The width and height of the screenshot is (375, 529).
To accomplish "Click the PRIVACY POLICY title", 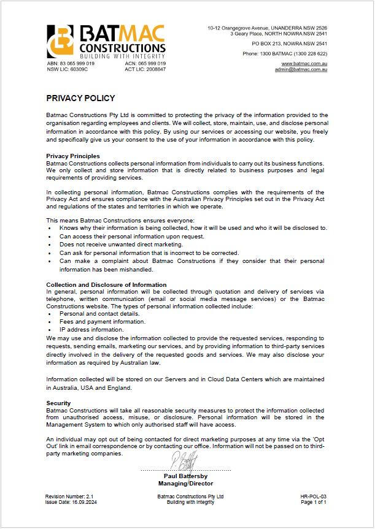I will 80,98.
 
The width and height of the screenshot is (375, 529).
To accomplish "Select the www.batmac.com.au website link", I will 304,64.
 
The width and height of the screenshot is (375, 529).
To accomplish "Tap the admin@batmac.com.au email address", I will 301,70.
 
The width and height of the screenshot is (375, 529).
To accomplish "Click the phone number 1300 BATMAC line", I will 284,54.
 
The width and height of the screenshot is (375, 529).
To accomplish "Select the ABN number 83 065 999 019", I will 71,64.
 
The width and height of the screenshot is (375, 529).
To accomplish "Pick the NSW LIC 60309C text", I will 68,69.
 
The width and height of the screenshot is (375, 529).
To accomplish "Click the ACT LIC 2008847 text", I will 145,69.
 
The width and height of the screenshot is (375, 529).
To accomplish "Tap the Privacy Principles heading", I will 73,156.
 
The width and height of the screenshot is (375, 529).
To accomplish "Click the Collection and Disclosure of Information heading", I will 106,284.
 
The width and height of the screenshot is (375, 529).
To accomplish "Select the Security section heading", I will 59,403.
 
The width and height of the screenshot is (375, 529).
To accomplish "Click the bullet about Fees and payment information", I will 94,321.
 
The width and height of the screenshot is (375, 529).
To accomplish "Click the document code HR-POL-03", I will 313,496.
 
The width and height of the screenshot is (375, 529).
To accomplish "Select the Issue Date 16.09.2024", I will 71,502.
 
